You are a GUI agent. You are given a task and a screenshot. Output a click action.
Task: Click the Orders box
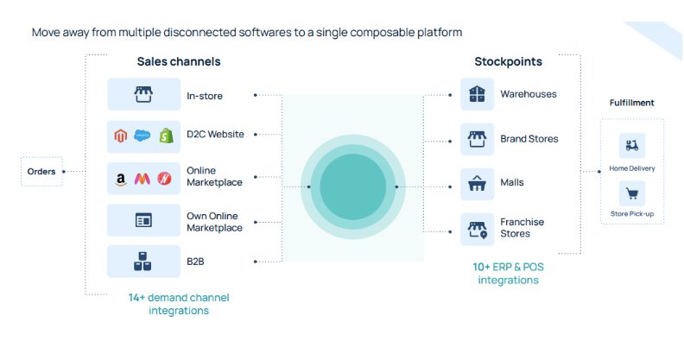click(41, 171)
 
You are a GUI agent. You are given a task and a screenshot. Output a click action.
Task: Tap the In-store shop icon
click(143, 94)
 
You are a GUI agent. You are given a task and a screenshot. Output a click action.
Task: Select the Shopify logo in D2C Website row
click(166, 136)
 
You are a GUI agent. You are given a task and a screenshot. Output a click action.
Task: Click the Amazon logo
click(121, 179)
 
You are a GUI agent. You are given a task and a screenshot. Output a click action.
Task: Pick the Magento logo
click(121, 136)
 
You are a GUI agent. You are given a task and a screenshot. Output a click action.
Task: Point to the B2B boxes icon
click(142, 261)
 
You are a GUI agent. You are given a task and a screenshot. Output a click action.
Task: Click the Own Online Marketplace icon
click(143, 220)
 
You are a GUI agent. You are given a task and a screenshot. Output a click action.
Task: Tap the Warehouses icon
click(477, 94)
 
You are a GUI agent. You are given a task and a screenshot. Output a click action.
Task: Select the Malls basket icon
click(477, 184)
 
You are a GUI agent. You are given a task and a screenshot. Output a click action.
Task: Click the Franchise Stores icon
click(478, 230)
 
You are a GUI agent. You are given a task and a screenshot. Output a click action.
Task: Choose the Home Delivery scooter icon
click(632, 145)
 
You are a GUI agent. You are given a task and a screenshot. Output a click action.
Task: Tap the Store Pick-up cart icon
click(632, 193)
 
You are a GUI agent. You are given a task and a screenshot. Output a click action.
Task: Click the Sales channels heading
click(179, 61)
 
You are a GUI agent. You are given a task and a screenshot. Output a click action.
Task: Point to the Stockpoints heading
click(508, 61)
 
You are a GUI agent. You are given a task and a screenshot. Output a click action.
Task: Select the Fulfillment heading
click(631, 103)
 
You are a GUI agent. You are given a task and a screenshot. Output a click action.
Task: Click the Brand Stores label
click(529, 139)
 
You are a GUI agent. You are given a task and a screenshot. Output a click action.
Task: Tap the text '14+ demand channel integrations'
click(179, 304)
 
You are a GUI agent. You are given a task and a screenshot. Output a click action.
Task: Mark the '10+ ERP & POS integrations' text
click(508, 274)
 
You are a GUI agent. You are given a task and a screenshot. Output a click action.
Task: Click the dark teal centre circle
click(353, 186)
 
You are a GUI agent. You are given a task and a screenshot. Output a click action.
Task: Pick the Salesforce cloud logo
click(142, 136)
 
